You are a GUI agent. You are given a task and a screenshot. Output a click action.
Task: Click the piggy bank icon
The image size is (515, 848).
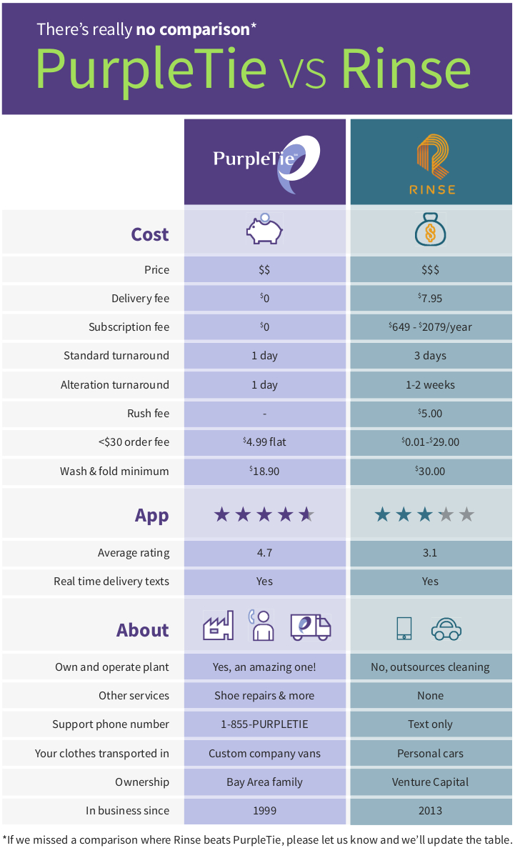click(264, 230)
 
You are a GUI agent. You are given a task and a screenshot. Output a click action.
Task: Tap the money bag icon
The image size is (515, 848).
click(430, 231)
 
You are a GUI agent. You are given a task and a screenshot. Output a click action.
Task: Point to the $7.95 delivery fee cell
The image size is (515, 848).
click(430, 299)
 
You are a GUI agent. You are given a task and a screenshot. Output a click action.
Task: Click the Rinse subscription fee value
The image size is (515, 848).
click(430, 327)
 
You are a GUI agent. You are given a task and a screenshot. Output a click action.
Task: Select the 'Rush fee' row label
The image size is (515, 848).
click(148, 413)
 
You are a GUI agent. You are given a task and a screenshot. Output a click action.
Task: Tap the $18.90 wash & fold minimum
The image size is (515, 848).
click(264, 471)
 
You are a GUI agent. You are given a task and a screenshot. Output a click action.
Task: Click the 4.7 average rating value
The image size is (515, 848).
click(264, 552)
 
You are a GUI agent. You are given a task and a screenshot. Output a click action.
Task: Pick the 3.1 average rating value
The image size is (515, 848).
click(430, 552)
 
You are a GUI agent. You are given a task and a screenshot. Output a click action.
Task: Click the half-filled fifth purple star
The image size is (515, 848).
click(306, 514)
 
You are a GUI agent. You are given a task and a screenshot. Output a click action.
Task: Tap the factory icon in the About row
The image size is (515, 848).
click(219, 627)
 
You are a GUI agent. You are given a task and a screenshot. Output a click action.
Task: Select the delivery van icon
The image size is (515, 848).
click(311, 627)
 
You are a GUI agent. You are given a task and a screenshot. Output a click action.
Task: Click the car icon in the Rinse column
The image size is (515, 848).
click(446, 629)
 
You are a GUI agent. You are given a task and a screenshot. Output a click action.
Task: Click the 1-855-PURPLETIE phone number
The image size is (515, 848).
click(264, 724)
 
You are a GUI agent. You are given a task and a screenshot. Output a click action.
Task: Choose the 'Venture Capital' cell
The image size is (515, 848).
click(430, 782)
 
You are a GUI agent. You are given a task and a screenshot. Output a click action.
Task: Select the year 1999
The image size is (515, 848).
click(264, 810)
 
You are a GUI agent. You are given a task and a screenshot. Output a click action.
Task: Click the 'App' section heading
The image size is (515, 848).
click(151, 515)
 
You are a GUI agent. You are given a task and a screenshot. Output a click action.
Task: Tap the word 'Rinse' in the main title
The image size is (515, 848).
click(405, 69)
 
